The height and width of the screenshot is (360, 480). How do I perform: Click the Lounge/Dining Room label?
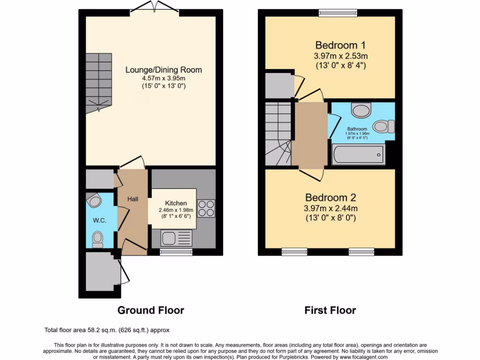(x=164, y=70)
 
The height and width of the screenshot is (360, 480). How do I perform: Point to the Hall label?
(x=133, y=199)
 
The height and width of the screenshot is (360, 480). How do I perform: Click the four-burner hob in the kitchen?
(x=206, y=209)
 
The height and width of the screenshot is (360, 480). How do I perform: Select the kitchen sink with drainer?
(x=176, y=238)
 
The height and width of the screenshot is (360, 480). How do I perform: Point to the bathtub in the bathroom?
(x=358, y=155)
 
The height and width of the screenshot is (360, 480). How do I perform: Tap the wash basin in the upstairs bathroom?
(x=361, y=111)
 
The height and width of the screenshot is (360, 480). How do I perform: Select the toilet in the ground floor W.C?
(x=98, y=238)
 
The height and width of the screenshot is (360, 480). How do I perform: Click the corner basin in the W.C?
(x=95, y=201)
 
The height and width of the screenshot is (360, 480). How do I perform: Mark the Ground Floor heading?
(x=150, y=310)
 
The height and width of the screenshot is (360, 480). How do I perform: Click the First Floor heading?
(x=330, y=310)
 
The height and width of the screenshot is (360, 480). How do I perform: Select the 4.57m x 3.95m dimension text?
(x=164, y=78)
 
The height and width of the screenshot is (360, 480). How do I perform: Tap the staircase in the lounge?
(x=99, y=82)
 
